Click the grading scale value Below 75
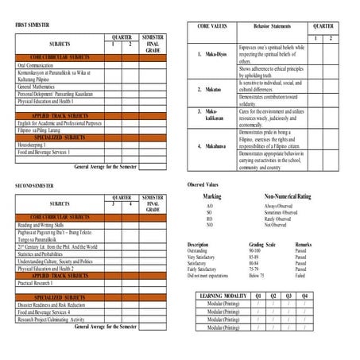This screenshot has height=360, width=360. (x=256, y=274)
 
